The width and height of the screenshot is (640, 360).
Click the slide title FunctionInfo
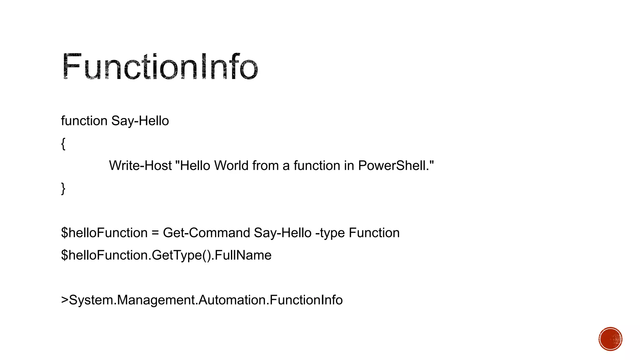point(160,66)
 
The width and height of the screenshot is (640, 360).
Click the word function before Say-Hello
point(84,121)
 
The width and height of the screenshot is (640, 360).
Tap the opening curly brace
point(63,144)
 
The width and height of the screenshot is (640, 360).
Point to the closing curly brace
point(63,188)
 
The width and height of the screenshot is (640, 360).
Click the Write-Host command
point(140,166)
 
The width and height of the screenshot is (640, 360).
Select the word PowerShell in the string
point(392,166)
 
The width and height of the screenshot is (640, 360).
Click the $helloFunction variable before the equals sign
point(104,233)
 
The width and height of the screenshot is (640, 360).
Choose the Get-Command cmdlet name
point(207,233)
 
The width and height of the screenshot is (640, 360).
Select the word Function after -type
point(374,233)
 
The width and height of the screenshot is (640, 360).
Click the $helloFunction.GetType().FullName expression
point(166,255)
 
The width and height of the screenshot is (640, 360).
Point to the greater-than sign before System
point(65,300)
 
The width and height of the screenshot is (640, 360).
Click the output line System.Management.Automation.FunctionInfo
point(205,300)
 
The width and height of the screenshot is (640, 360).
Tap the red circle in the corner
point(610,339)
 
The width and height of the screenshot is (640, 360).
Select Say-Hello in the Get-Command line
point(282,233)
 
